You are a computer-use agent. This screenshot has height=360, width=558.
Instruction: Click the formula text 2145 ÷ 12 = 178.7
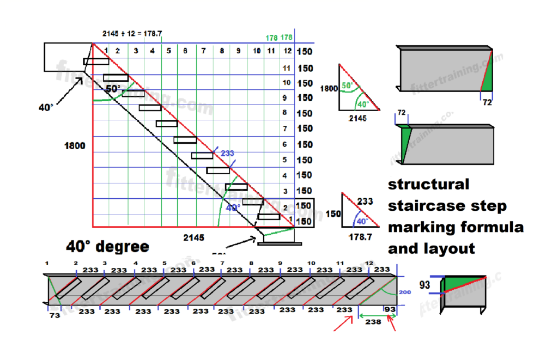(132, 33)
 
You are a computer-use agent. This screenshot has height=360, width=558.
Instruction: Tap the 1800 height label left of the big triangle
(75, 146)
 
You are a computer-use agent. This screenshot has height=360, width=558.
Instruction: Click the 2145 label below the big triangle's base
(193, 237)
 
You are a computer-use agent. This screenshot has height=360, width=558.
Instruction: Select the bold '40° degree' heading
(107, 247)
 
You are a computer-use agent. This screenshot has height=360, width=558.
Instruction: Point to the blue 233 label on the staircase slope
(228, 154)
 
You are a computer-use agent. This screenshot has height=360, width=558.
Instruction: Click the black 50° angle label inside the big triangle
(113, 88)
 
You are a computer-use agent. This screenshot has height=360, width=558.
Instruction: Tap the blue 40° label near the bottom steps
(233, 208)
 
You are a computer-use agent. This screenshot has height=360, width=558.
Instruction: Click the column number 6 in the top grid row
(185, 51)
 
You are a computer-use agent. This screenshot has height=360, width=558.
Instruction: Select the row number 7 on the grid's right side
(286, 129)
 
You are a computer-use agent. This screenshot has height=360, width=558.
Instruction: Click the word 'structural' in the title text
(428, 184)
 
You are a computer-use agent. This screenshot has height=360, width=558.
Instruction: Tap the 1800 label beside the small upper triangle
(329, 88)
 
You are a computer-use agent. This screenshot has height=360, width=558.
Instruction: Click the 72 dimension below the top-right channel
(487, 102)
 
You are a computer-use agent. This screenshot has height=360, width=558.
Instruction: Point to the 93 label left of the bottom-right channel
(426, 285)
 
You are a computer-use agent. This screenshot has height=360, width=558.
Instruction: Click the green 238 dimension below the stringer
(373, 322)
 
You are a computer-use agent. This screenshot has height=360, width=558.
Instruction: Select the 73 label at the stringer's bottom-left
(54, 315)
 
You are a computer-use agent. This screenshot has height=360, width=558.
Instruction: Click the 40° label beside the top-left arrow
(46, 107)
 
